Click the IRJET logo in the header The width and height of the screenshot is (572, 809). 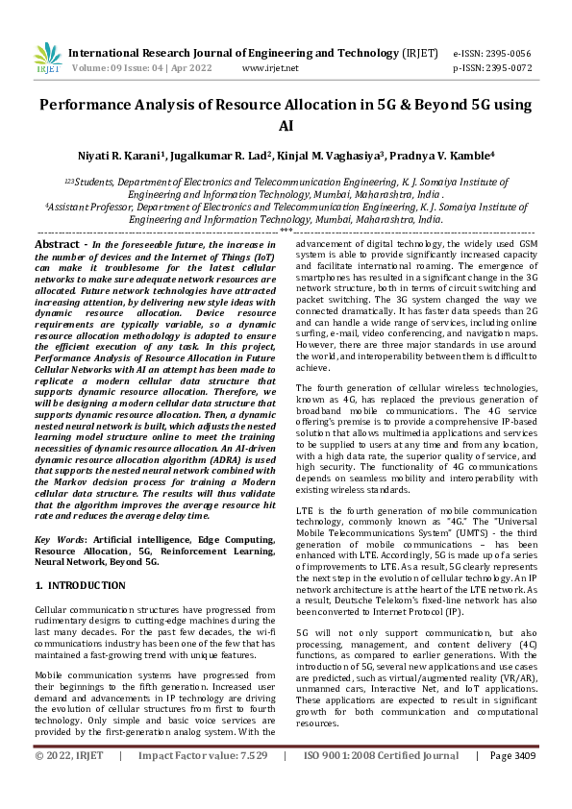[47, 59]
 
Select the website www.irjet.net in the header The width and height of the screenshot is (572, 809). [270, 68]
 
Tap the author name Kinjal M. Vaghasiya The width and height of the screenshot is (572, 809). [333, 154]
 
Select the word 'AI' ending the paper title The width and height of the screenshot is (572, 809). [286, 126]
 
